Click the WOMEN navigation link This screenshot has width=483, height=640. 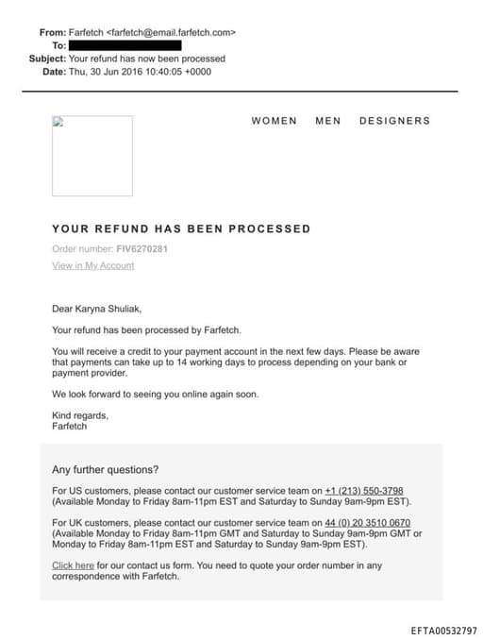[x=274, y=121]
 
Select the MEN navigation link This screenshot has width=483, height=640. [x=327, y=121]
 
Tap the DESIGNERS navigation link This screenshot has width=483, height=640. [x=394, y=121]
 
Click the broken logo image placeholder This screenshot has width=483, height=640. [x=92, y=156]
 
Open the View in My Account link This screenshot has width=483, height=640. [x=92, y=266]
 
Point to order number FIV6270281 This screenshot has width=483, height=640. [x=142, y=249]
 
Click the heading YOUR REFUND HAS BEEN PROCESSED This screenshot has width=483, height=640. [x=181, y=228]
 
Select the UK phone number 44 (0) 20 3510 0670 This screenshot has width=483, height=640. [x=367, y=523]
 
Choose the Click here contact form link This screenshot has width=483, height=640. [x=73, y=565]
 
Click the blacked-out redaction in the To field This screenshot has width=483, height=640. [x=125, y=44]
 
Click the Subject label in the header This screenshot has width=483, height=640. [x=47, y=58]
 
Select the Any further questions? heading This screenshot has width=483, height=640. [x=105, y=469]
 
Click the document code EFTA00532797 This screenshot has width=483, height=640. [x=443, y=630]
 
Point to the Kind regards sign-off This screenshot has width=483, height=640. [x=80, y=415]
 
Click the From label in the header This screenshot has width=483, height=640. [x=52, y=32]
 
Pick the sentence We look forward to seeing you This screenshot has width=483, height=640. [x=155, y=394]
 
